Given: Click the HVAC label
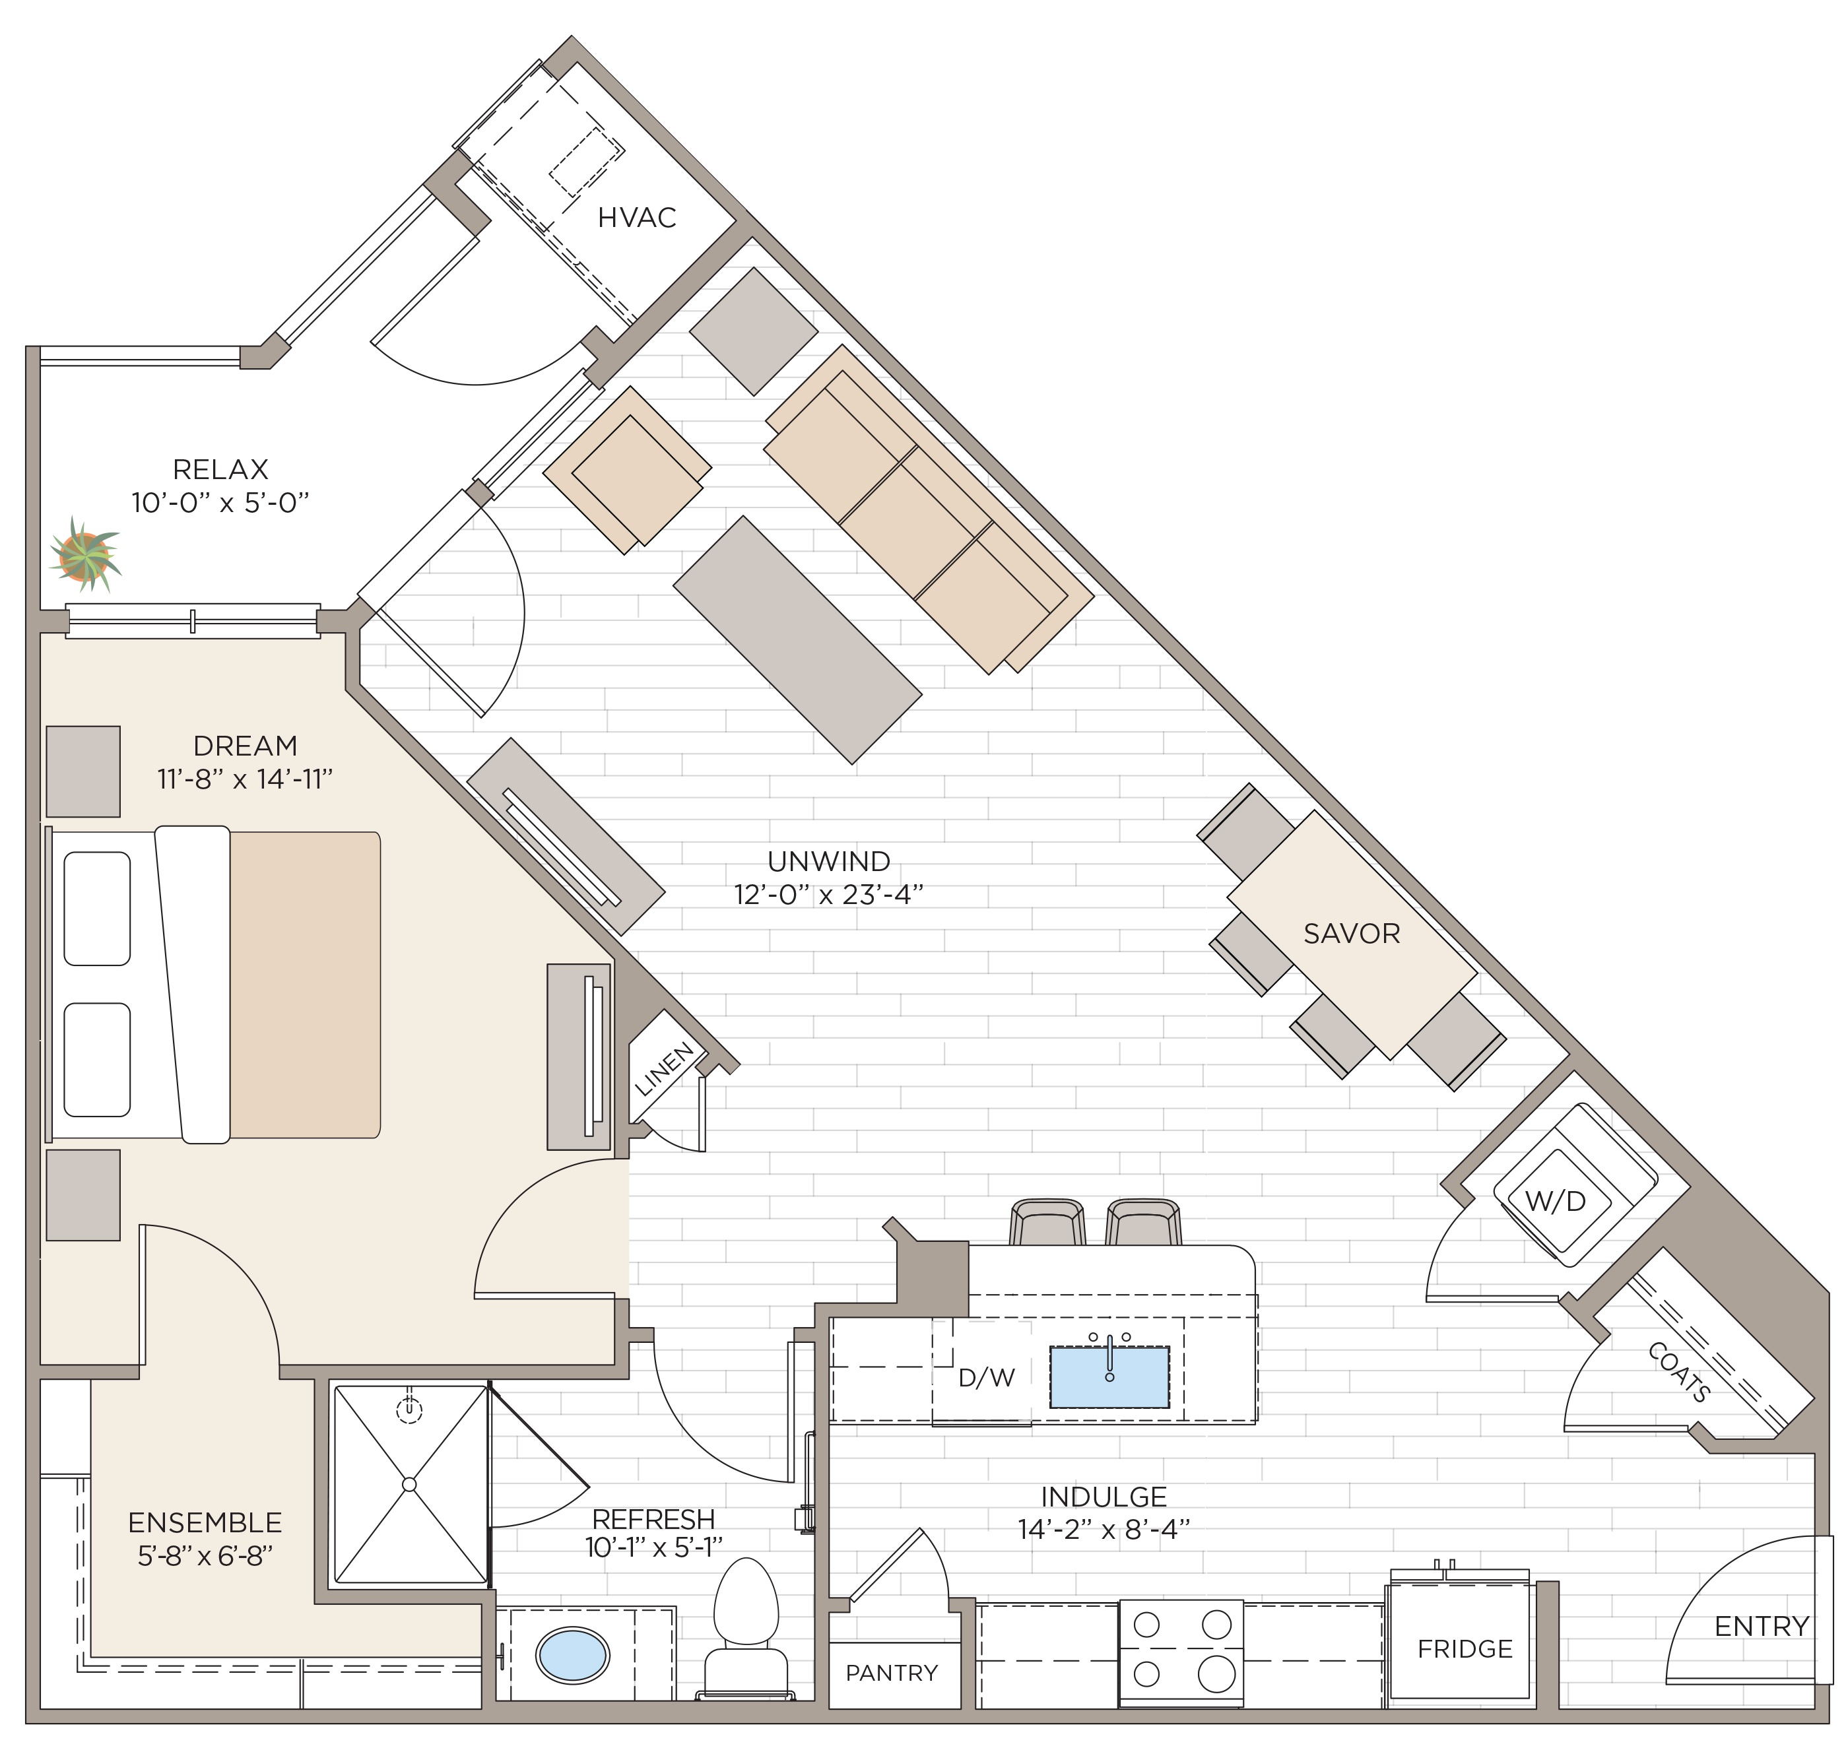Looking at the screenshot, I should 636,218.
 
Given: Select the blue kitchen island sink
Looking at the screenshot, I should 1109,1377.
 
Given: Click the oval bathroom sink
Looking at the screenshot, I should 572,1656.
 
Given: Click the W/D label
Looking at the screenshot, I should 1555,1202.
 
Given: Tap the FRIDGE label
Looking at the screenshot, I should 1465,1648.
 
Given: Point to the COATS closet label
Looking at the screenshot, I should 1679,1373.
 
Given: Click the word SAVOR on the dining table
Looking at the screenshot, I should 1352,933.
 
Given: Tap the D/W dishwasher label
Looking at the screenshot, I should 987,1377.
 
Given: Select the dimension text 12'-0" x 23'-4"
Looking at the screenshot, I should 828,895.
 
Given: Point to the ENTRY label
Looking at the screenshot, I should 1761,1626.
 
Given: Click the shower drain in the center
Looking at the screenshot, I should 409,1484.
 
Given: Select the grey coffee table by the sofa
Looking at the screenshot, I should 797,639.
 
